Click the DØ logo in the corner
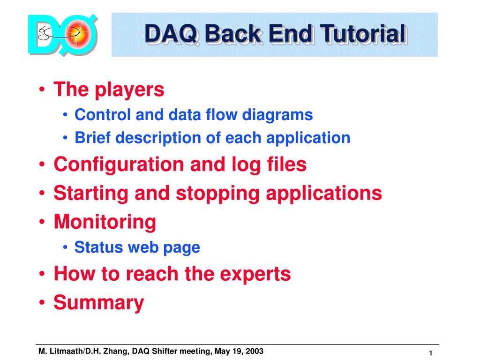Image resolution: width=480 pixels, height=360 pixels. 63,35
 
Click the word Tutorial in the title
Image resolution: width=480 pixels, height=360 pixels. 364,34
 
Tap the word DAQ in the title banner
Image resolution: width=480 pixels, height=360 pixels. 172,34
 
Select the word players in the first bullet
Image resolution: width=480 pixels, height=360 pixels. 129,90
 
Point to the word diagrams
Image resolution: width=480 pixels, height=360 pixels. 277,115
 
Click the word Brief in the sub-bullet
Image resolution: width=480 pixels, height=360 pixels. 92,137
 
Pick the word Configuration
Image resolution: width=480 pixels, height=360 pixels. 119,165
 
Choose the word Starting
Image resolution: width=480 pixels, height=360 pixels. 90,194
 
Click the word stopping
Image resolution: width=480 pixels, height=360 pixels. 217,194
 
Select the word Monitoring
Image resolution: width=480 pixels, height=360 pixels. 105,222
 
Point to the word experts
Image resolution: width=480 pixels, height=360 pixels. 255,274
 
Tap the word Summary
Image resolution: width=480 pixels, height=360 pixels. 99,303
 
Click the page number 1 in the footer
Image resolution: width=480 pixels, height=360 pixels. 430,353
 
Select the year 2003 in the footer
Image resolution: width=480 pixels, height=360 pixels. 255,351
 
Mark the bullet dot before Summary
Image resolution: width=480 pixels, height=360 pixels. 42,302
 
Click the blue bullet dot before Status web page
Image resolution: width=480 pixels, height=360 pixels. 65,247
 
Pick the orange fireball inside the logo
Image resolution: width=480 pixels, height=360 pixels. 78,34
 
